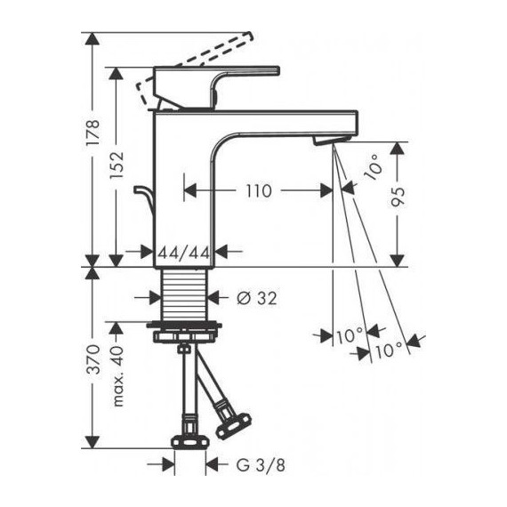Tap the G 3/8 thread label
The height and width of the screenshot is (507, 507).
255,463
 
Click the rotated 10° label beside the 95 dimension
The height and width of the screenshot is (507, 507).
371,167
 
